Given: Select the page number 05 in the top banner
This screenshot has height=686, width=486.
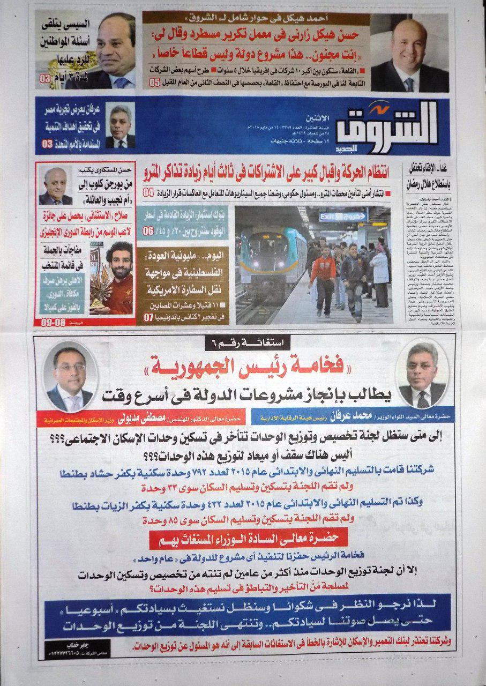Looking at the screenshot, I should coord(154,83).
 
